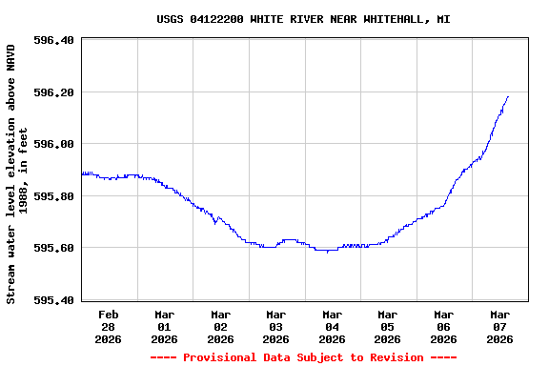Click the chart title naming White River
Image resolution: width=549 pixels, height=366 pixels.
click(x=303, y=19)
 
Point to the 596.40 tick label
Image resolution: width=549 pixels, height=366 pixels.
click(x=53, y=41)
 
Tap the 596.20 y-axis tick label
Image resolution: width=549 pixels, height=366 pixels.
click(x=53, y=92)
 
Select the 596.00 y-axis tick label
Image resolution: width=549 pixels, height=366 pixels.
click(x=53, y=145)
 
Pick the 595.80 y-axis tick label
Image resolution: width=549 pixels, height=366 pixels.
click(x=53, y=196)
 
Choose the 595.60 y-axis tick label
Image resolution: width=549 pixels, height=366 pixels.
click(x=53, y=248)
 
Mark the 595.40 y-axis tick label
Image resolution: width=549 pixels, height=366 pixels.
click(x=53, y=300)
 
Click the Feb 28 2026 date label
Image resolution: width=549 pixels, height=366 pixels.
click(x=109, y=326)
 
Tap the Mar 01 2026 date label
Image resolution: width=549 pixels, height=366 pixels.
click(x=164, y=326)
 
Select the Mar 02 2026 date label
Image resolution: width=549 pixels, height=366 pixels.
click(x=220, y=326)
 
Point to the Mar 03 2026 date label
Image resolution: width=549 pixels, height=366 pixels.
click(x=275, y=326)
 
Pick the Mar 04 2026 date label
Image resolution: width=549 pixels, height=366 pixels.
click(x=332, y=326)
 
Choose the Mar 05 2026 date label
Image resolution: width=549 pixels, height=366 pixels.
click(x=387, y=326)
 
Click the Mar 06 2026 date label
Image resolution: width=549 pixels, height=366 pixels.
click(x=443, y=326)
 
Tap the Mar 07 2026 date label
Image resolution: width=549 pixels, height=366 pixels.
click(x=499, y=326)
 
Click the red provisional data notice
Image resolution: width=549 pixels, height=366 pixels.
click(x=303, y=357)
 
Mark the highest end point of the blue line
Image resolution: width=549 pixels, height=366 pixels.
click(x=508, y=96)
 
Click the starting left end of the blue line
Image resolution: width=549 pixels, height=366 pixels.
click(x=83, y=173)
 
